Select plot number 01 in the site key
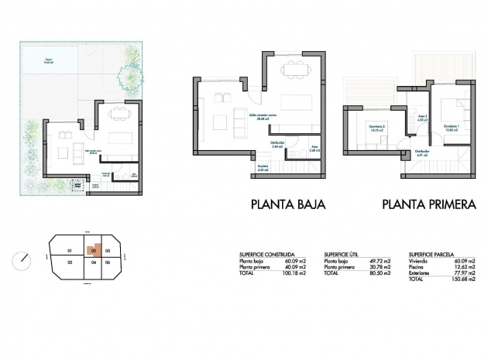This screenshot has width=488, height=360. coord(69,251)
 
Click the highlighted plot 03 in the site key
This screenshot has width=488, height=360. coord(94,250)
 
